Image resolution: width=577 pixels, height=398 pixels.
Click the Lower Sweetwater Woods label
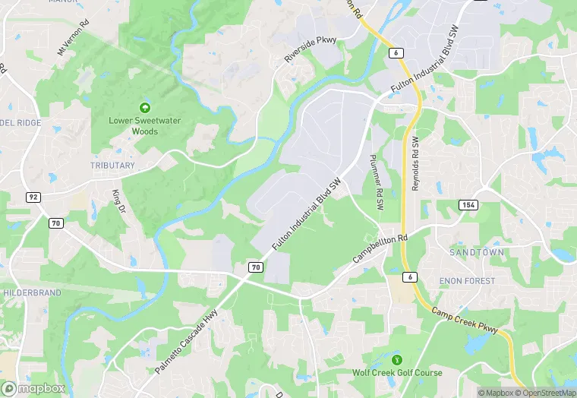134,126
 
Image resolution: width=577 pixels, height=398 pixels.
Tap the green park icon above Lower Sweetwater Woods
144,108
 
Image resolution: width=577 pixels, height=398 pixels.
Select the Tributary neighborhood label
112,166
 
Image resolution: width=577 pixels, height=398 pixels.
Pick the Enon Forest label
468,281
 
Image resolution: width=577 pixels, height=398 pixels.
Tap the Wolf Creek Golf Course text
397,373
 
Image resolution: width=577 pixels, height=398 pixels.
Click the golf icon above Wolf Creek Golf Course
396,359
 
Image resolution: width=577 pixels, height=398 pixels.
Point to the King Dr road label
117,201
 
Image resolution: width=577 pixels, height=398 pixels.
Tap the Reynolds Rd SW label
415,164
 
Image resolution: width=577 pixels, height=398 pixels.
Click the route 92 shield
33,197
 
